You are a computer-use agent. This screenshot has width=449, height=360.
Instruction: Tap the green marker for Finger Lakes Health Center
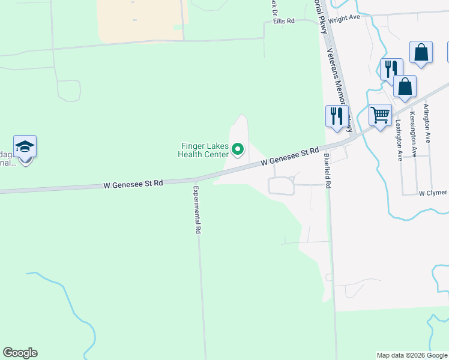pyautogui.click(x=238, y=149)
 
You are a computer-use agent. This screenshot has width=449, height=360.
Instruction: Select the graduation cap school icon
pyautogui.click(x=25, y=147)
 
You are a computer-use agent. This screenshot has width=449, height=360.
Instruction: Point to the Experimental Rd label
pyautogui.click(x=197, y=209)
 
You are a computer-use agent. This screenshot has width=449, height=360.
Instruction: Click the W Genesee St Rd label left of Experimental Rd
pyautogui.click(x=133, y=185)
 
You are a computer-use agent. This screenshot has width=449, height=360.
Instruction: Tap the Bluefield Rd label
pyautogui.click(x=328, y=170)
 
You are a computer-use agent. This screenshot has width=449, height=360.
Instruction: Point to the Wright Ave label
pyautogui.click(x=344, y=17)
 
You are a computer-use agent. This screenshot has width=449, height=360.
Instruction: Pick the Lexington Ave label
pyautogui.click(x=399, y=140)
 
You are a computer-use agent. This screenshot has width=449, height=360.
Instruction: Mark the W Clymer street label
pyautogui.click(x=433, y=193)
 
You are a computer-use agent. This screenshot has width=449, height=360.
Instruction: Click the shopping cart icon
pyautogui.click(x=380, y=114)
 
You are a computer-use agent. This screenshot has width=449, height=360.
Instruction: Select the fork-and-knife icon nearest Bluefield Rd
pyautogui.click(x=336, y=115)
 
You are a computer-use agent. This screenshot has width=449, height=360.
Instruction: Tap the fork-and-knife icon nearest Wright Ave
pyautogui.click(x=391, y=68)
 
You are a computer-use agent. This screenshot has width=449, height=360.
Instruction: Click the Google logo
pyautogui.click(x=20, y=353)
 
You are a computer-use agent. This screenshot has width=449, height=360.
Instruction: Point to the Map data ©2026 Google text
pyautogui.click(x=411, y=355)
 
